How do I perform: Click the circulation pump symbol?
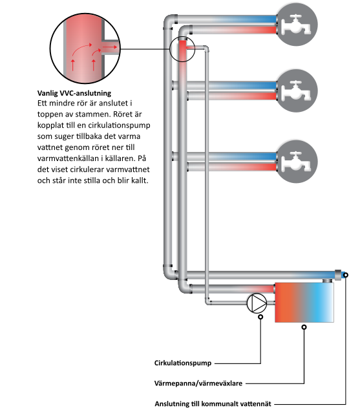[257, 303]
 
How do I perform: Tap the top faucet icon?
[297, 25]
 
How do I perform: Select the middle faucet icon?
[297, 91]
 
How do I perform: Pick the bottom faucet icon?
[297, 162]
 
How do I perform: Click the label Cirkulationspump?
[183, 363]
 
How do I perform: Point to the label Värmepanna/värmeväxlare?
[198, 383]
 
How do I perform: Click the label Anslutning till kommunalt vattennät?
[213, 403]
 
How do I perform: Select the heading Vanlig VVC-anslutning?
[74, 93]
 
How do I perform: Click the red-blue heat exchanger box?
[304, 303]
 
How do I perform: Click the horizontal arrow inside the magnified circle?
[109, 47]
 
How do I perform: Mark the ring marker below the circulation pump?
[260, 317]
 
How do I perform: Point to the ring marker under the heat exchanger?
[304, 327]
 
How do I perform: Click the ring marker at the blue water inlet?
[346, 275]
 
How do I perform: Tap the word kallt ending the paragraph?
[140, 180]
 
